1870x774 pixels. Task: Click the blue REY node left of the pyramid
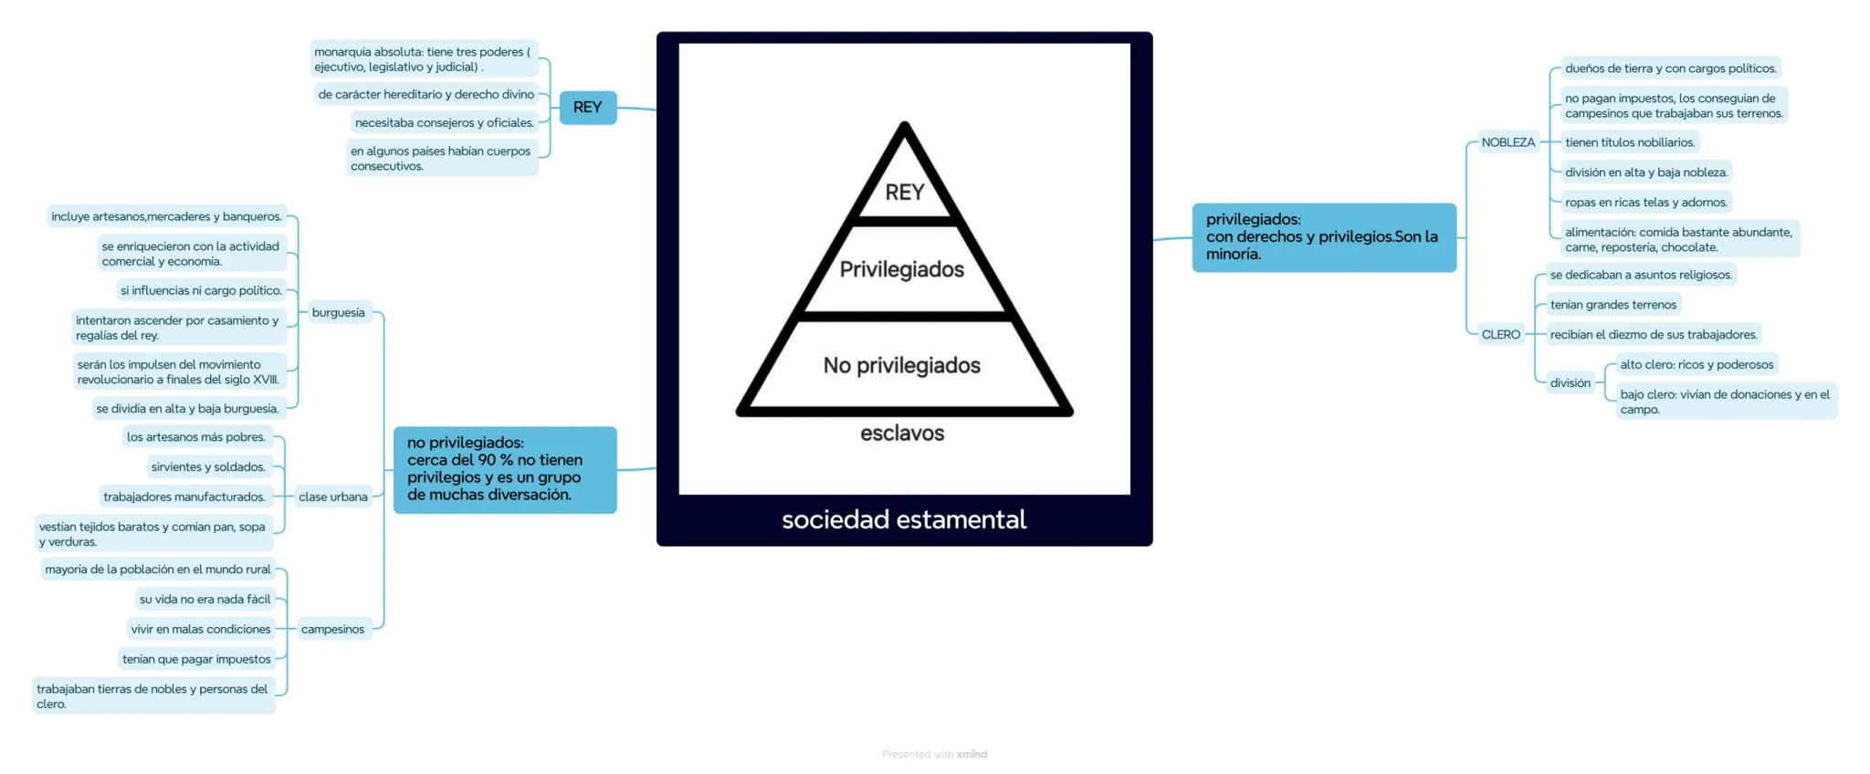pyautogui.click(x=587, y=108)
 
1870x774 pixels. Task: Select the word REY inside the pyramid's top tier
pyautogui.click(x=904, y=193)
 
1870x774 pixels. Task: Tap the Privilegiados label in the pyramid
pyautogui.click(x=901, y=269)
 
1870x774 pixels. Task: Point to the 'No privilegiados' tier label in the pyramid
pyautogui.click(x=901, y=365)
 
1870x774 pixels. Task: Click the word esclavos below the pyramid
pyautogui.click(x=901, y=433)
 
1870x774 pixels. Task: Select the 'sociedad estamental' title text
pyautogui.click(x=903, y=519)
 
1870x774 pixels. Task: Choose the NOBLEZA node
pyautogui.click(x=1508, y=142)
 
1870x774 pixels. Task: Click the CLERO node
pyautogui.click(x=1500, y=335)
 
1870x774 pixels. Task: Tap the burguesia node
pyautogui.click(x=338, y=313)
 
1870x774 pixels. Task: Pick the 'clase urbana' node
pyautogui.click(x=332, y=497)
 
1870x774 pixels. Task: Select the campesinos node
pyautogui.click(x=332, y=630)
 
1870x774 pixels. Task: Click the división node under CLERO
pyautogui.click(x=1570, y=383)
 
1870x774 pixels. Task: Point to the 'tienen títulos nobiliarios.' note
pyautogui.click(x=1629, y=142)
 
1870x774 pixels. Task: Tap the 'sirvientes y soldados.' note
pyautogui.click(x=208, y=467)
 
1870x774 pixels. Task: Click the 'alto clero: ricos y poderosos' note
pyautogui.click(x=1696, y=365)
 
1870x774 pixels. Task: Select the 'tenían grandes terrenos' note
pyautogui.click(x=1613, y=305)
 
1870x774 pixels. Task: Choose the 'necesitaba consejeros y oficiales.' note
pyautogui.click(x=444, y=123)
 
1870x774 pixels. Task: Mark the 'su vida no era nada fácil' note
pyautogui.click(x=205, y=600)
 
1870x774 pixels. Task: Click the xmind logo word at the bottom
pyautogui.click(x=972, y=754)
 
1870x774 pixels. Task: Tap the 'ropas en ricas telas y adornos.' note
pyautogui.click(x=1645, y=203)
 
